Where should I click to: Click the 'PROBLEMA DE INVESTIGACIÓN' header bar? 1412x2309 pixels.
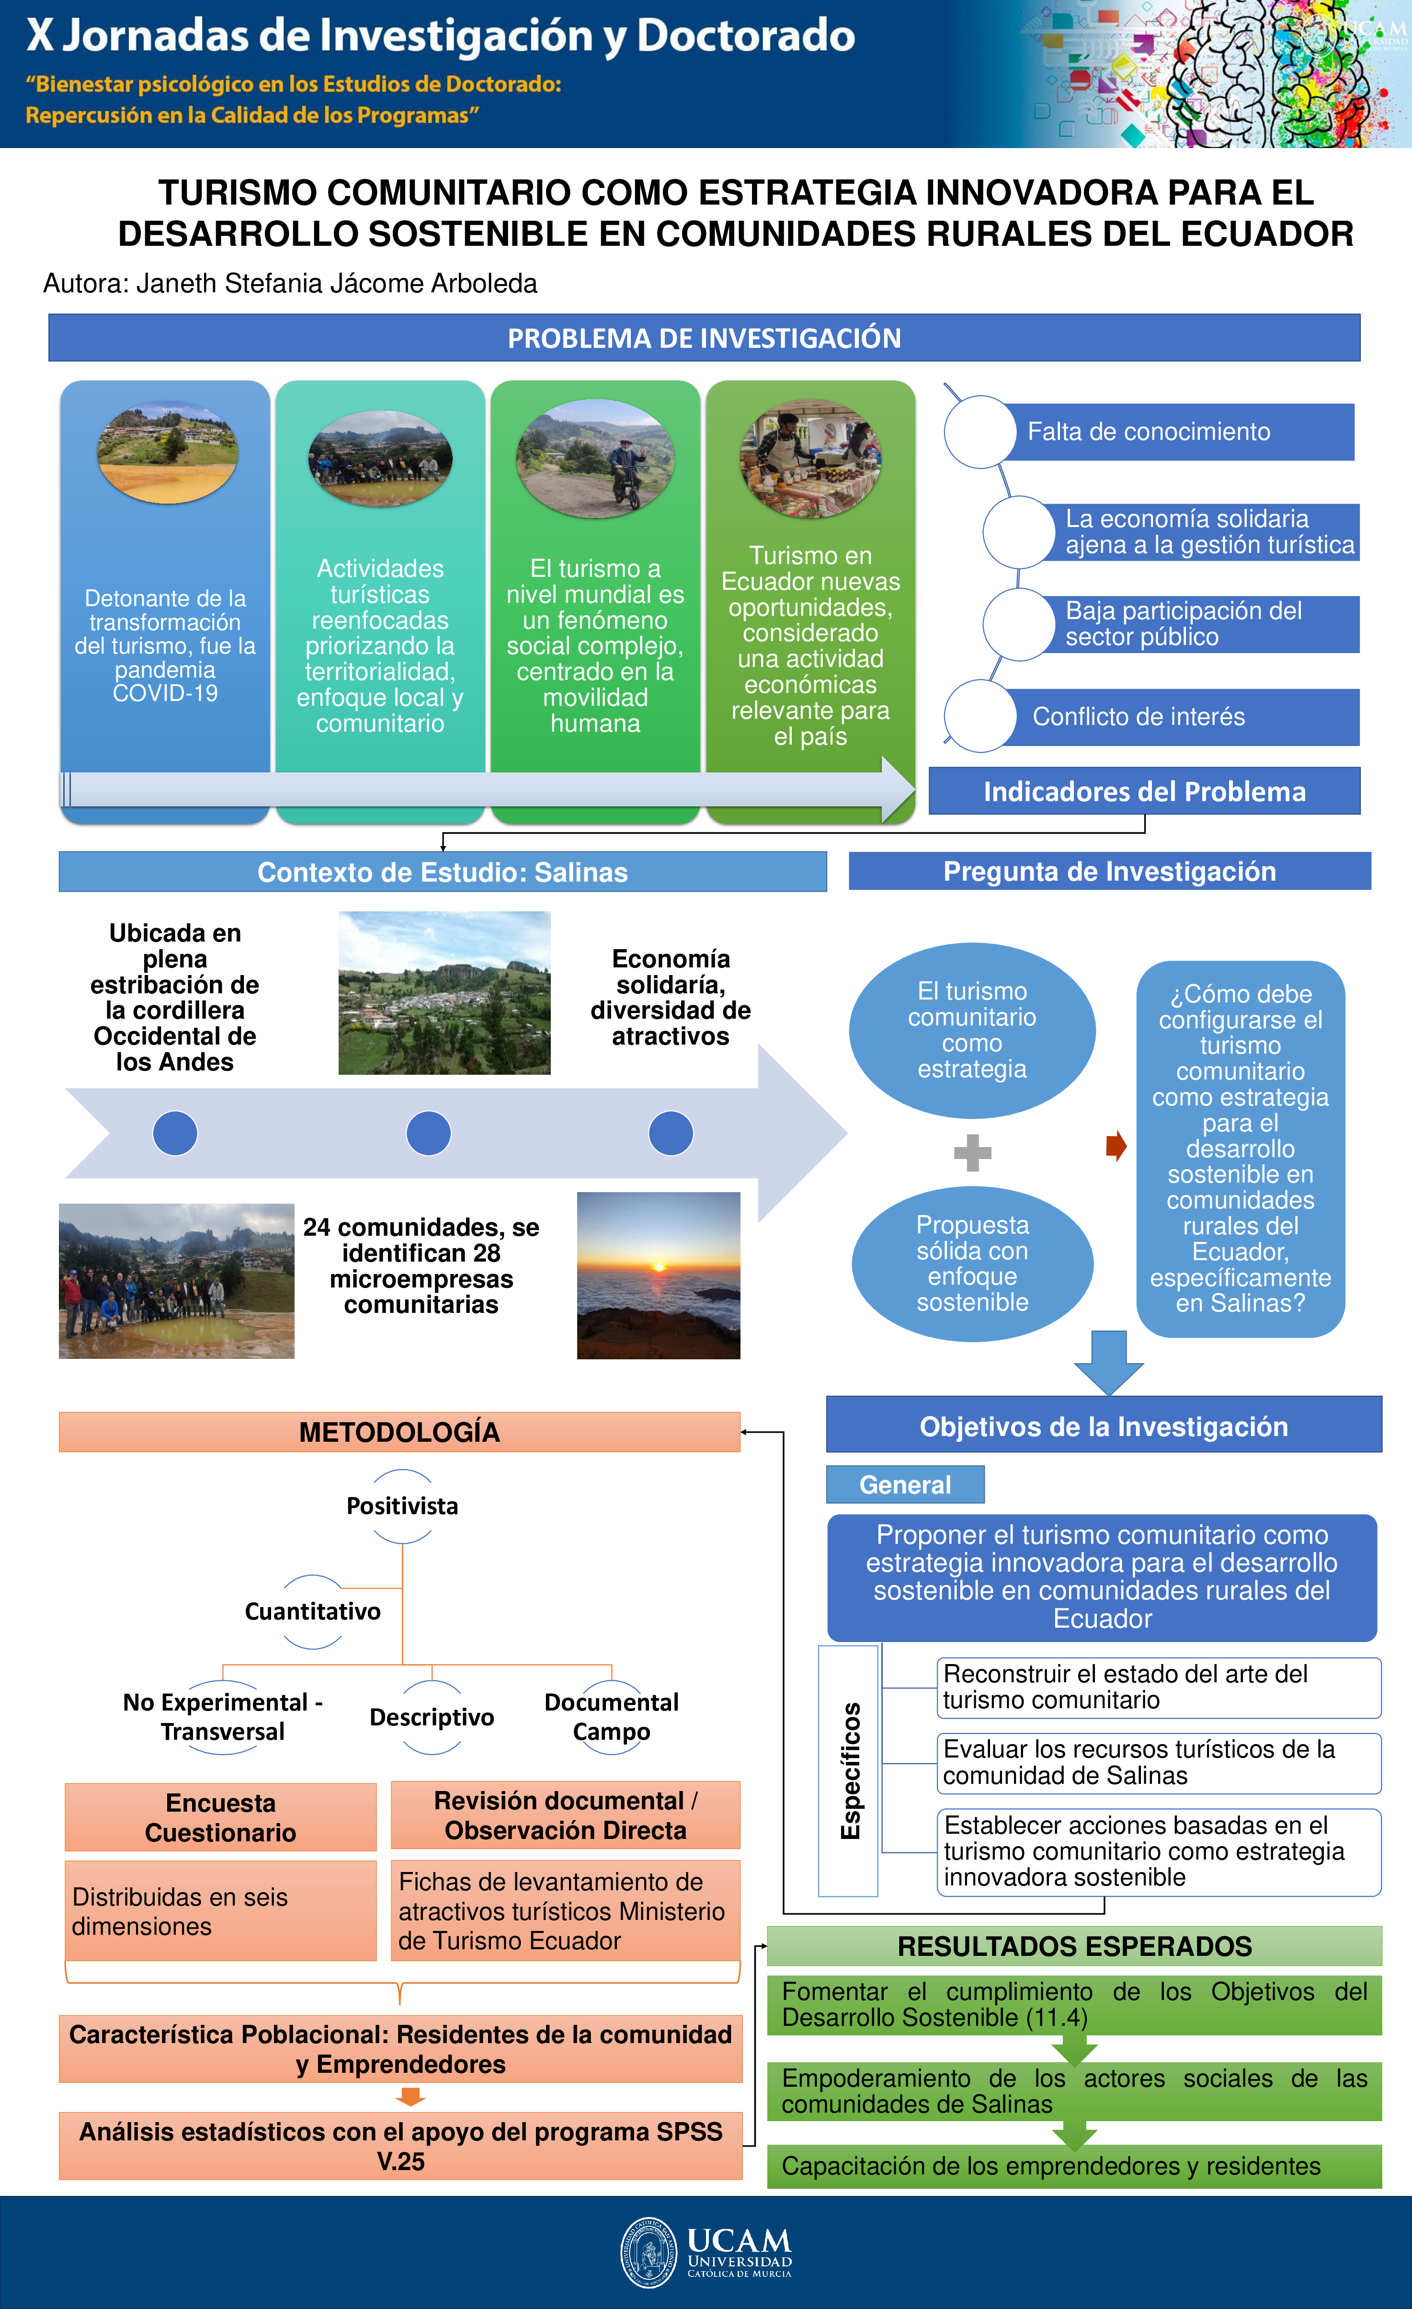[x=704, y=338]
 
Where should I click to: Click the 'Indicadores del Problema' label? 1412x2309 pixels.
[x=1144, y=792]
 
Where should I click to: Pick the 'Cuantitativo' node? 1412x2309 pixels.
[x=313, y=1612]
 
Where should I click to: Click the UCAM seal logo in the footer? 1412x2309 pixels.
[x=649, y=2252]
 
